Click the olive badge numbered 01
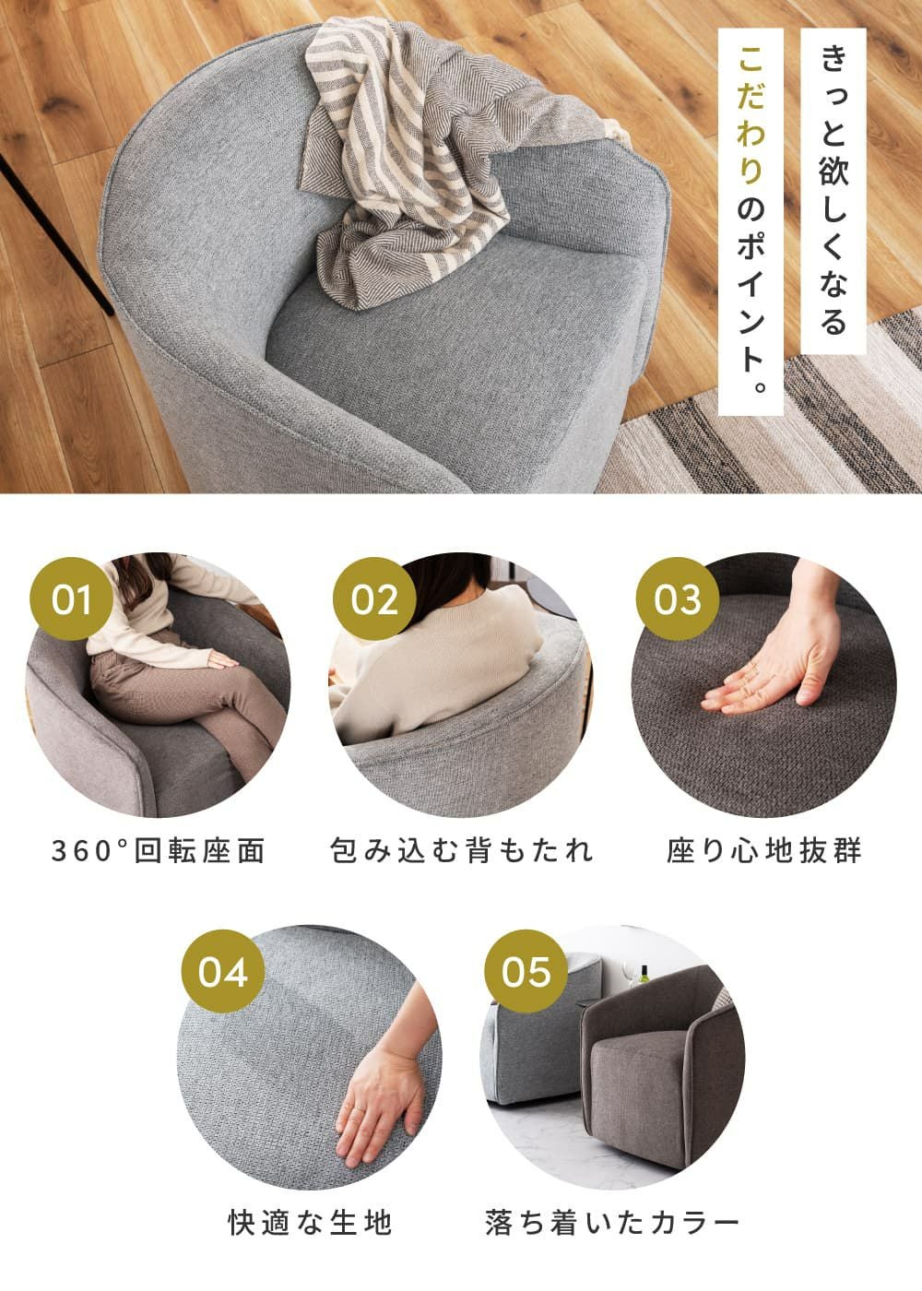pyautogui.click(x=72, y=599)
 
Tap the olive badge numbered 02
pyautogui.click(x=374, y=599)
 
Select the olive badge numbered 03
pyautogui.click(x=678, y=599)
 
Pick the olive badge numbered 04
pyautogui.click(x=223, y=972)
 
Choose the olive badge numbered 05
pyautogui.click(x=526, y=972)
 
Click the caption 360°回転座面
pyautogui.click(x=159, y=851)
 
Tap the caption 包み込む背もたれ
pyautogui.click(x=461, y=851)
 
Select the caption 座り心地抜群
pyautogui.click(x=764, y=851)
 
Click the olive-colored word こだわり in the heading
pyautogui.click(x=751, y=115)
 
